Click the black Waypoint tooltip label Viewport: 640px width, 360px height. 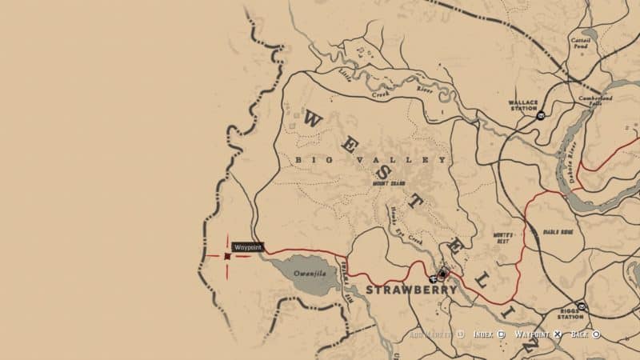tap(248, 248)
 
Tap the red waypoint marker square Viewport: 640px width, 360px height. tap(228, 256)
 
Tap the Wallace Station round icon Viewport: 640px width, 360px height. tap(542, 116)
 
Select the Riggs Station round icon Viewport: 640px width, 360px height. tap(582, 306)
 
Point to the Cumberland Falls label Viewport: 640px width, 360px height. tap(595, 102)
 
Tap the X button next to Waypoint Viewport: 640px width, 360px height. tap(558, 334)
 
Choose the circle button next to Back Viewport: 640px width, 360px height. tap(596, 334)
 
